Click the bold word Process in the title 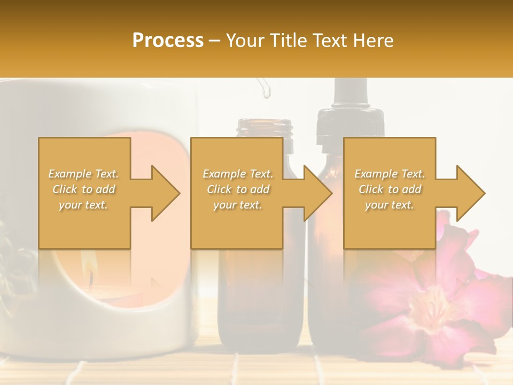pos(168,40)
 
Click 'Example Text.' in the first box pos(84,174)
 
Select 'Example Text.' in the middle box pos(238,174)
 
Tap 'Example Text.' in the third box pos(390,174)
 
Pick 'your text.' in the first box pos(84,205)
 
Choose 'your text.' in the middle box pos(238,205)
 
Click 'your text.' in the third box pos(390,205)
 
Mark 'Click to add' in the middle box pos(238,189)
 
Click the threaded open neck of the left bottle pos(266,129)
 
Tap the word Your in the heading pos(244,40)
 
